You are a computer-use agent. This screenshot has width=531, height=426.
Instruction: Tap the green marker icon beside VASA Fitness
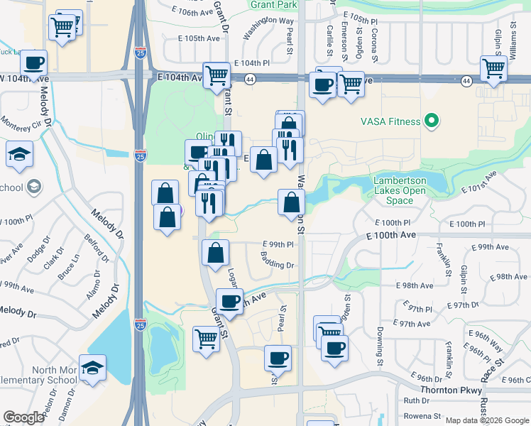pyautogui.click(x=430, y=121)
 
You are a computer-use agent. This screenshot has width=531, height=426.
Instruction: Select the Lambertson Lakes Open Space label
pyautogui.click(x=400, y=190)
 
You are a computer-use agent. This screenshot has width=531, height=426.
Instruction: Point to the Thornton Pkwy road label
pyautogui.click(x=450, y=390)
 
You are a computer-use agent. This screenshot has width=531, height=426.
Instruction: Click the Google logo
pyautogui.click(x=23, y=417)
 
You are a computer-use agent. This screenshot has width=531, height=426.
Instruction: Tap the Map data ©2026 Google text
pyautogui.click(x=488, y=420)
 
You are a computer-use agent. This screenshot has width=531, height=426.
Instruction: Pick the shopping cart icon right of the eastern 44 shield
pyautogui.click(x=493, y=68)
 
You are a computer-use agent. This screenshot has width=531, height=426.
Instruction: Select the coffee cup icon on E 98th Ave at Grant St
pyautogui.click(x=229, y=300)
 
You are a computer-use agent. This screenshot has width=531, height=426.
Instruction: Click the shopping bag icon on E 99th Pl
pyautogui.click(x=216, y=253)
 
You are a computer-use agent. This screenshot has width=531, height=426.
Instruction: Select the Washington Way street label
pyautogui.click(x=258, y=35)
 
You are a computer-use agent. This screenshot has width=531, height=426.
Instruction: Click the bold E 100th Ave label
pyautogui.click(x=391, y=235)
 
